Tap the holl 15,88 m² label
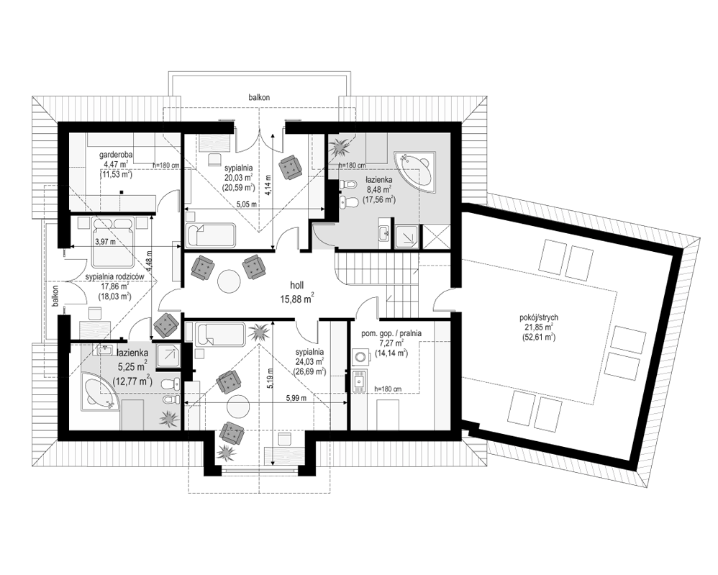point(296,293)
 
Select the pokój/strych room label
point(538,317)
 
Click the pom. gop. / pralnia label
point(391,333)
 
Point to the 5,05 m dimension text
point(246,204)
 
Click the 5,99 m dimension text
point(296,398)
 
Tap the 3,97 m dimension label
point(105,242)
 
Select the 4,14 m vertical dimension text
point(268,184)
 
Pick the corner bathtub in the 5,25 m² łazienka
point(101,391)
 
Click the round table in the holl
point(229,281)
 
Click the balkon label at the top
point(259,98)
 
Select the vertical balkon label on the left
point(55,298)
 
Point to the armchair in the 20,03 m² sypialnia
point(291,166)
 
